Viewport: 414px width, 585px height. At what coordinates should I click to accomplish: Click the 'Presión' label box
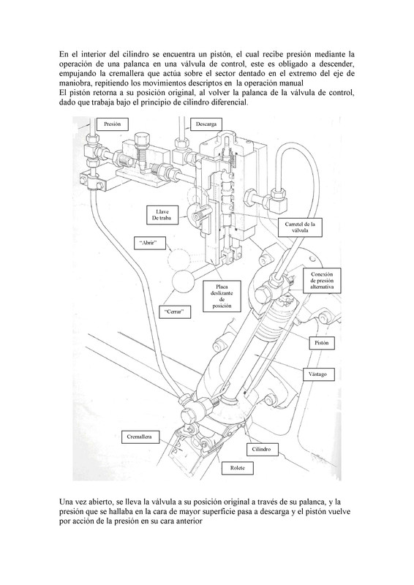pos(113,124)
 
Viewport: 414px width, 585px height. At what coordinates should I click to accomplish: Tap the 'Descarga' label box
pos(206,124)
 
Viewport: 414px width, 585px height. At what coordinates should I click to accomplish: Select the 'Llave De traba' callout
pos(162,215)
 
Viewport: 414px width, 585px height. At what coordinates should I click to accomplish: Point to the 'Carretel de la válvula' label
pos(300,227)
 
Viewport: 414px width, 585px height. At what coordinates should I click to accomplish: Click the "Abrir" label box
pos(149,244)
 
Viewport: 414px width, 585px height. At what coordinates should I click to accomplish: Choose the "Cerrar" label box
pos(175,312)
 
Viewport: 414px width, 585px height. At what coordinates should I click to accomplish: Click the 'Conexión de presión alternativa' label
pos(322,281)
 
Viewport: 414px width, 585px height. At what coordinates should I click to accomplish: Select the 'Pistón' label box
pos(321,343)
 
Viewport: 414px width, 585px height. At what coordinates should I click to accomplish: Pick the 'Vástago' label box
pos(317,374)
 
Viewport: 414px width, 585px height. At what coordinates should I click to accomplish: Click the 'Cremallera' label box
pos(139,437)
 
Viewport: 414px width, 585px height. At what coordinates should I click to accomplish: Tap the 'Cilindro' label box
pos(261,449)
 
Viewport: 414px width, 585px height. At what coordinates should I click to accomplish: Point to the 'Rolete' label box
pos(238,468)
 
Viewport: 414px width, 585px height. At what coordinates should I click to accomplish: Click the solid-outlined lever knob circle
pos(184,282)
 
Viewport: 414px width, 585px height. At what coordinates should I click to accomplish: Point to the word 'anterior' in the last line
pos(189,521)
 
